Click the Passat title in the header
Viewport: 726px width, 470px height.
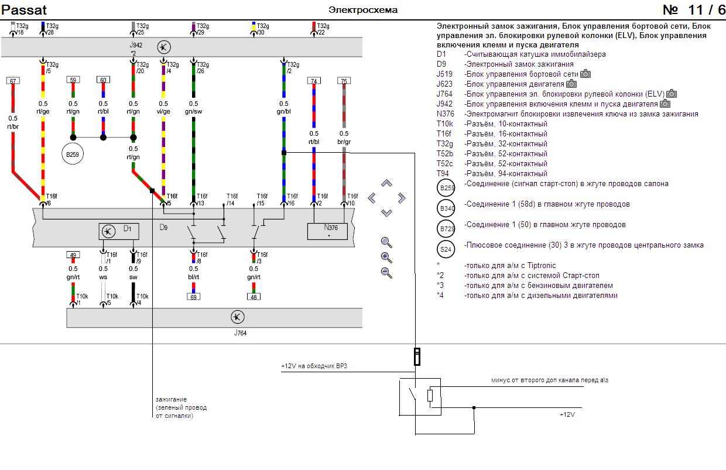pyautogui.click(x=24, y=10)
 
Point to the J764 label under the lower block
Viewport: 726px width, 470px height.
pyautogui.click(x=240, y=333)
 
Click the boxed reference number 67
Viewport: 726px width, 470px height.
pyautogui.click(x=13, y=81)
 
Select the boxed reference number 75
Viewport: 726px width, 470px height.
pyautogui.click(x=344, y=81)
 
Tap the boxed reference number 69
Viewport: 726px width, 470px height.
pyautogui.click(x=193, y=297)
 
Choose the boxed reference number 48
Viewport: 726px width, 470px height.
pyautogui.click(x=254, y=297)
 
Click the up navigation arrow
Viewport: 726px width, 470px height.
pyautogui.click(x=386, y=183)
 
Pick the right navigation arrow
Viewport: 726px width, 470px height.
pyautogui.click(x=402, y=198)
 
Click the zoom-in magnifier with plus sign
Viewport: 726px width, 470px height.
pyautogui.click(x=386, y=258)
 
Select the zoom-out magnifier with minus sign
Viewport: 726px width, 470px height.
pyautogui.click(x=386, y=273)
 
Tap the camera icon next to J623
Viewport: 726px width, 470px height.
pyautogui.click(x=571, y=84)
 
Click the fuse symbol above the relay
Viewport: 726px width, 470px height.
pyautogui.click(x=417, y=356)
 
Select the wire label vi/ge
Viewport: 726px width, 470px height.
pyautogui.click(x=163, y=111)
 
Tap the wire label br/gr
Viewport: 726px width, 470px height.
pyautogui.click(x=344, y=142)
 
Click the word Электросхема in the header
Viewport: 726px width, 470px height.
pyautogui.click(x=363, y=10)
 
